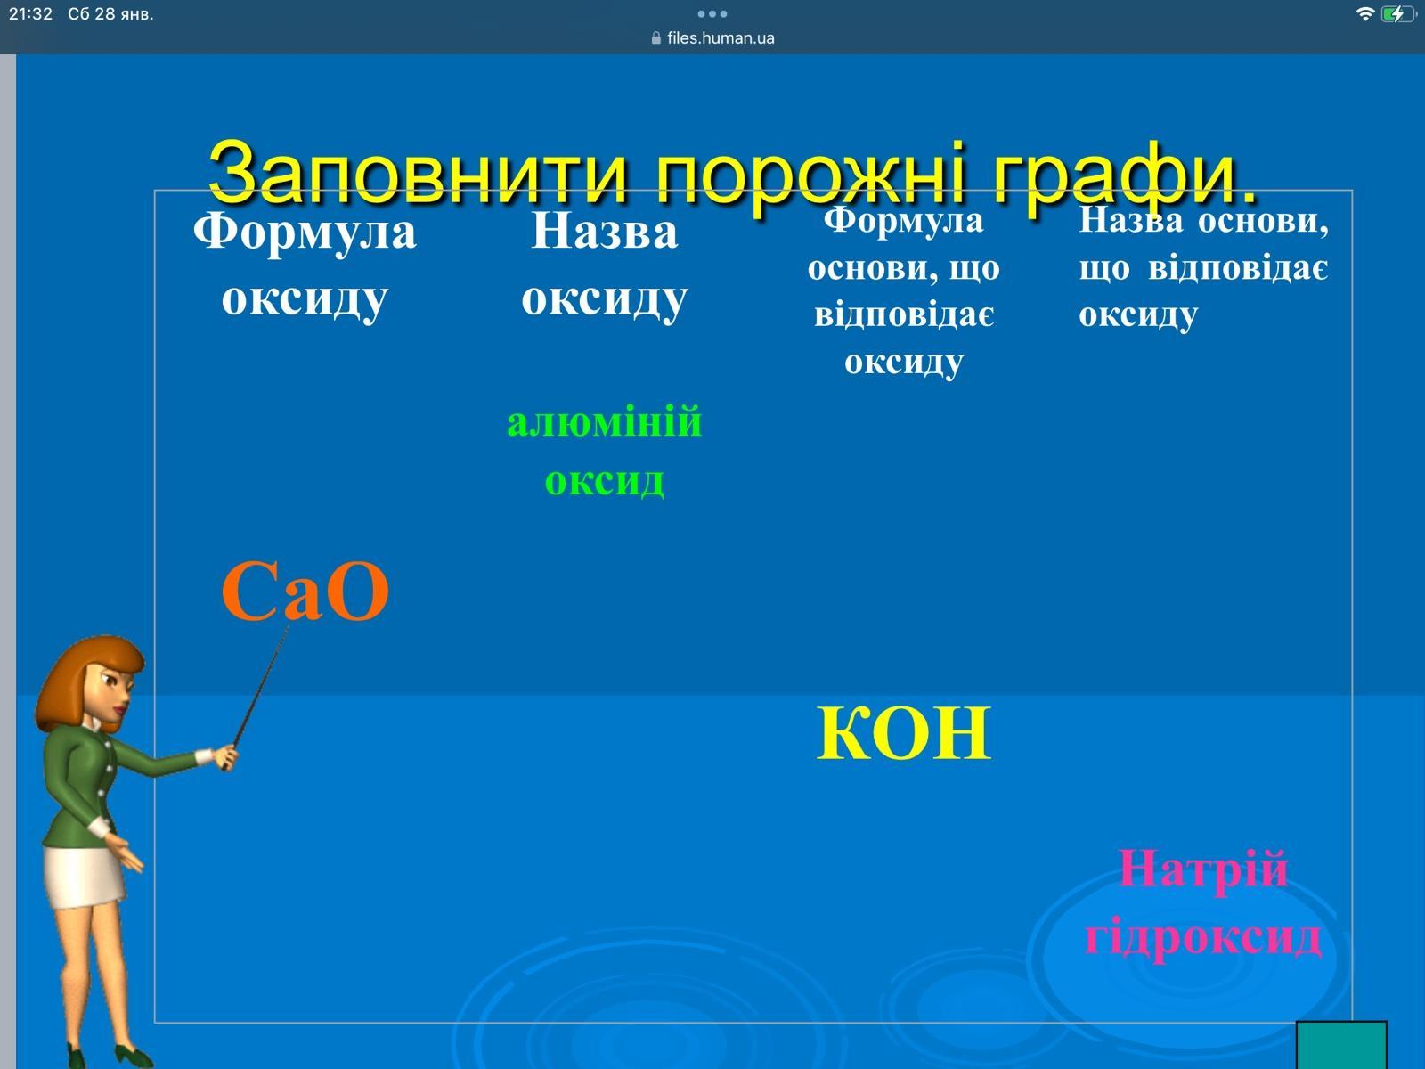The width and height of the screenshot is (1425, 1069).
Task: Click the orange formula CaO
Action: (x=305, y=592)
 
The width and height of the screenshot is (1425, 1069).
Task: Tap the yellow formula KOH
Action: (x=903, y=733)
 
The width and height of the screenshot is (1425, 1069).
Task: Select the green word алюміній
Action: (x=605, y=422)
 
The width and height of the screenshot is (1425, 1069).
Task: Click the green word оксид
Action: (x=605, y=481)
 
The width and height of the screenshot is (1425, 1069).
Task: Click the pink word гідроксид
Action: (x=1203, y=937)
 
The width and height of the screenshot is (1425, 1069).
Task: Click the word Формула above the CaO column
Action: (x=305, y=233)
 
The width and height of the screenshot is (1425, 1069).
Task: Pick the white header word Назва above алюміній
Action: (x=605, y=233)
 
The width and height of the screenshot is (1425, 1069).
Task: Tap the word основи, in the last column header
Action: (x=1263, y=221)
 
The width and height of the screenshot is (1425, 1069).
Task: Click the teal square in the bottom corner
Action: (x=1341, y=1046)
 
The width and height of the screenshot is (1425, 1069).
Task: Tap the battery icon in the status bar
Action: (x=1397, y=14)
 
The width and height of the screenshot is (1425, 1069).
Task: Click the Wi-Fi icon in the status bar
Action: (x=1365, y=14)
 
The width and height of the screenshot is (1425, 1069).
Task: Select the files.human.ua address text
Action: (x=721, y=38)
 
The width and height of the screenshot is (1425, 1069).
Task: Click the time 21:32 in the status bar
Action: (x=30, y=14)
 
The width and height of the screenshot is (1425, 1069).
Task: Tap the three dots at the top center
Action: (x=712, y=13)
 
